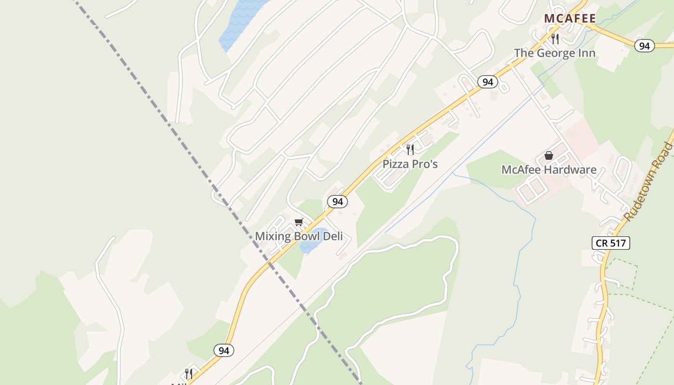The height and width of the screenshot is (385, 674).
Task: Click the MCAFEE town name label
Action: tap(570, 19)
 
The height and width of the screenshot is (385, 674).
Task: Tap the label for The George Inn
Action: tap(555, 53)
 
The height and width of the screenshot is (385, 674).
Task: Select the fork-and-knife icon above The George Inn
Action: tap(555, 38)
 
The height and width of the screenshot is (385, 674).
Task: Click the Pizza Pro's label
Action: tap(410, 164)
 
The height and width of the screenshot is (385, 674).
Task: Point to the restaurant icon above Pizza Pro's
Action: tap(410, 149)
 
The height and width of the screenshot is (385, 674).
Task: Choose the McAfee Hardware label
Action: tap(549, 170)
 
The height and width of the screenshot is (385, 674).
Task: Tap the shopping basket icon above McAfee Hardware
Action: tap(548, 155)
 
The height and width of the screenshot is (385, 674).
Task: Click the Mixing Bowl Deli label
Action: tap(298, 236)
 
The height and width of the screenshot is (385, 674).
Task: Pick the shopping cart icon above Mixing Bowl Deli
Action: tap(299, 222)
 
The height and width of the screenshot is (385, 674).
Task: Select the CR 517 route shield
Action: tap(610, 243)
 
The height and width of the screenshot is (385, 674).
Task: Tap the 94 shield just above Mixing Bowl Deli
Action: tap(337, 202)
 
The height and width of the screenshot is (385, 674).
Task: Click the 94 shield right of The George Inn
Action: tap(645, 46)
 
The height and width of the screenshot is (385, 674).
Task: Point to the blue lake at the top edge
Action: tap(241, 22)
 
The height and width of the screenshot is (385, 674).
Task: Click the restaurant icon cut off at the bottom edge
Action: tap(189, 374)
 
